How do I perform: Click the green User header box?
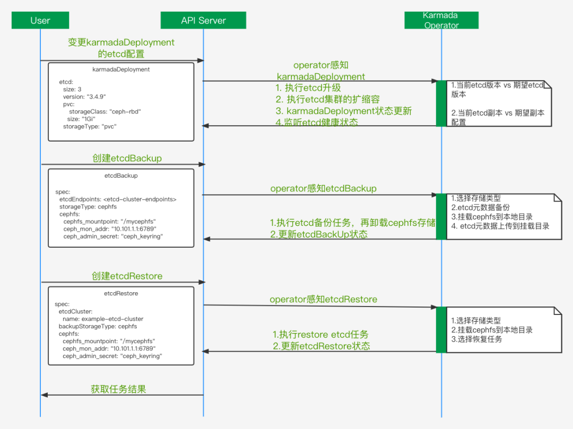(40, 21)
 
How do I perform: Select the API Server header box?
(203, 21)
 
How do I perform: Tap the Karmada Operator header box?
(441, 20)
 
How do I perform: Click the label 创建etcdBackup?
(127, 158)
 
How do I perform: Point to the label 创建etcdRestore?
(127, 276)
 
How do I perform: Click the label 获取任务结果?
(118, 389)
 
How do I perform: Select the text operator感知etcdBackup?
(323, 188)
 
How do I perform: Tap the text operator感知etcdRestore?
(323, 299)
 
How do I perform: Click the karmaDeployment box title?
(121, 69)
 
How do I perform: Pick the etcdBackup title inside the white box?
(121, 176)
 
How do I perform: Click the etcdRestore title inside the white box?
(121, 293)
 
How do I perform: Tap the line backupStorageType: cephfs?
(94, 327)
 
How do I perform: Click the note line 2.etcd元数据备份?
(480, 207)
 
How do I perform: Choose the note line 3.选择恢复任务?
(476, 339)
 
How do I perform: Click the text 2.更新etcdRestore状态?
(321, 346)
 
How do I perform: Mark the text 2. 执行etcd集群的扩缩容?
(327, 99)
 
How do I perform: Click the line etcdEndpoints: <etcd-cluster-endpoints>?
(118, 199)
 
